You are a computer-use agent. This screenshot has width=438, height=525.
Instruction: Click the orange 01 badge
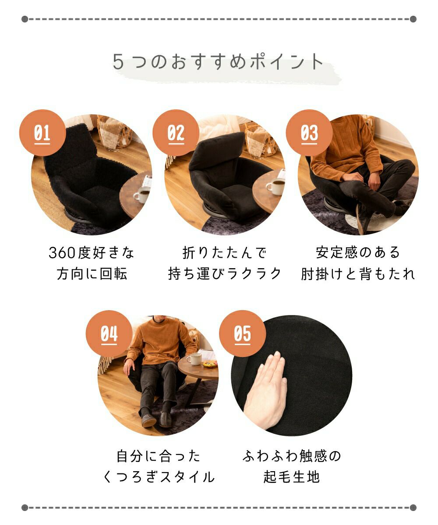pos(42,133)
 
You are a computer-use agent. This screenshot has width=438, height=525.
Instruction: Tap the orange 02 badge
pos(176,133)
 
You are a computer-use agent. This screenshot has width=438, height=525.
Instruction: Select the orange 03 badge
pos(309,133)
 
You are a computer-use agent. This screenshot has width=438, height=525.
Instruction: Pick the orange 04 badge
pos(109,333)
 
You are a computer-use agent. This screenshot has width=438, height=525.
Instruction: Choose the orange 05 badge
pos(242,333)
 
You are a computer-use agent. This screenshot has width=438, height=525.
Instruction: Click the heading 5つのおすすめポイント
pos(218,62)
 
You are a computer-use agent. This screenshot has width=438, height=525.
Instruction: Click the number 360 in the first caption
pos(62,253)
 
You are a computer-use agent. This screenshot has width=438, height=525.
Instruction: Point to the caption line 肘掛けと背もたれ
pos(358,274)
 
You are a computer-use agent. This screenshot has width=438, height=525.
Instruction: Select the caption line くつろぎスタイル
pos(159,477)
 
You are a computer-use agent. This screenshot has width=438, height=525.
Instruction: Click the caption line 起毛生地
pos(292,477)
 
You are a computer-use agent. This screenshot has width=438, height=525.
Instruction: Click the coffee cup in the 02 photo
pos(276,186)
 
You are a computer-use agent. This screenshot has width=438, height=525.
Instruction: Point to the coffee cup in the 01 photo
pos(142,195)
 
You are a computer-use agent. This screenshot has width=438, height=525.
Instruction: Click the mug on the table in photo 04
pos(194,359)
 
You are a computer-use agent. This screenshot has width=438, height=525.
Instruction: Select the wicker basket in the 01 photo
pos(114,132)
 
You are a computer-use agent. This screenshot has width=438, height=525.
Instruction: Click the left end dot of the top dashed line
pos(25,19)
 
